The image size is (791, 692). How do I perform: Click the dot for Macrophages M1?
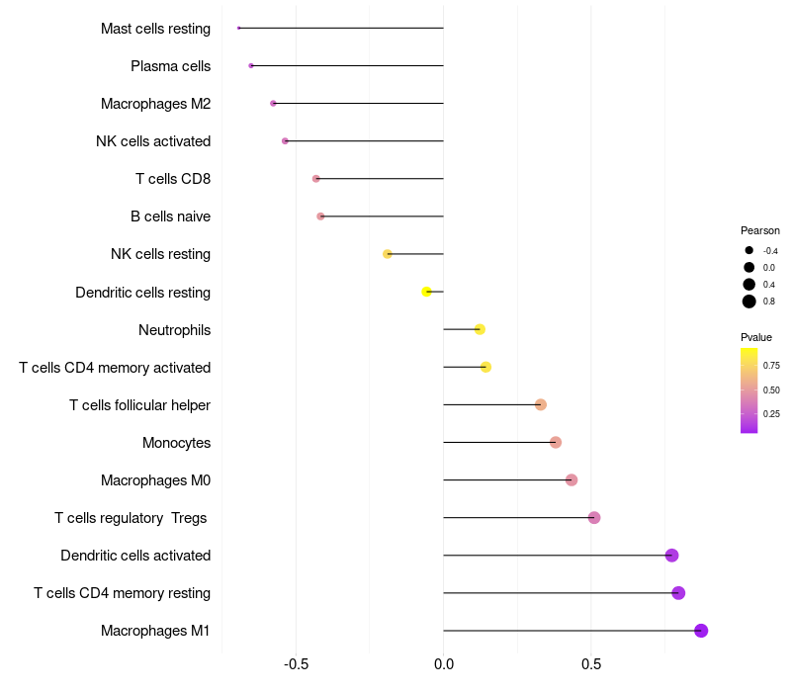(x=701, y=631)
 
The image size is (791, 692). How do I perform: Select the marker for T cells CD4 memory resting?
(x=678, y=593)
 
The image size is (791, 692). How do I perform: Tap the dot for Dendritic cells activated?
(x=672, y=556)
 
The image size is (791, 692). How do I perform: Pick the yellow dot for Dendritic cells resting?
(x=426, y=292)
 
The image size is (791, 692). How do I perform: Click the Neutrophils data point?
(x=480, y=329)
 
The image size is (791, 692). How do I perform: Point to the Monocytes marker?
(x=556, y=442)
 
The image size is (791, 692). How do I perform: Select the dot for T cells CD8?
(x=316, y=179)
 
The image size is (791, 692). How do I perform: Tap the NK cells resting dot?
(x=388, y=254)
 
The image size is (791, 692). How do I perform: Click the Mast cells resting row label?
(x=155, y=29)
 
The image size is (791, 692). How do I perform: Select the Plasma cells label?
(x=170, y=66)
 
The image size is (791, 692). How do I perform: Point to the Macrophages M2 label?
(x=155, y=104)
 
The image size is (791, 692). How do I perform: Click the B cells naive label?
(x=170, y=216)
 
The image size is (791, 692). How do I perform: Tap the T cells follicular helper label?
(x=139, y=405)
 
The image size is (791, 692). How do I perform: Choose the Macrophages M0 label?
(x=155, y=480)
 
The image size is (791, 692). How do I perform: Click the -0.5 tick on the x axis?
(x=296, y=664)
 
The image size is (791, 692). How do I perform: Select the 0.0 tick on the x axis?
(x=444, y=664)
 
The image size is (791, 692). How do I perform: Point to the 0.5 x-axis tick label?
(x=591, y=664)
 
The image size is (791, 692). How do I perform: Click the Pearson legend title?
(x=760, y=230)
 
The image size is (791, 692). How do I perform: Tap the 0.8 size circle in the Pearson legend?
(x=749, y=302)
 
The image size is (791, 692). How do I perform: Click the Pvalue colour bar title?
(x=756, y=337)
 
